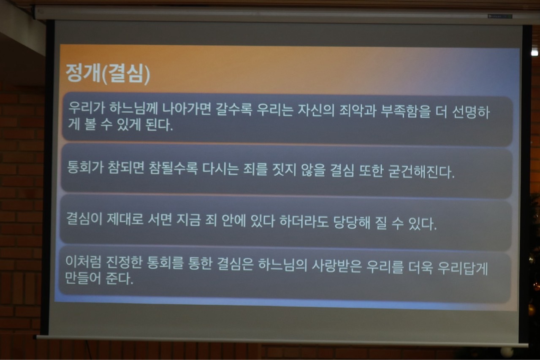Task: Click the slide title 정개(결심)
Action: pyautogui.click(x=108, y=74)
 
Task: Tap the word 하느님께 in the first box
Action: pyautogui.click(x=133, y=108)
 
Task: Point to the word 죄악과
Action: pyautogui.click(x=358, y=111)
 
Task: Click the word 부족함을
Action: pyautogui.click(x=405, y=112)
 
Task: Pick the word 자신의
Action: pyautogui.click(x=316, y=111)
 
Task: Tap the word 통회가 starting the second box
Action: pyautogui.click(x=85, y=167)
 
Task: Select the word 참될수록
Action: pyautogui.click(x=173, y=168)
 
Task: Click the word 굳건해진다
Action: pyautogui.click(x=421, y=172)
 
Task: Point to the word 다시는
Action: pyautogui.click(x=220, y=169)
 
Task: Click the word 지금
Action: pyautogui.click(x=188, y=220)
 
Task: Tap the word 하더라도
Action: pyautogui.click(x=304, y=222)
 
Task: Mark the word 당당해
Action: pyautogui.click(x=352, y=222)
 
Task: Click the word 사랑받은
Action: pyautogui.click(x=337, y=266)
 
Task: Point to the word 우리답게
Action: pyautogui.click(x=463, y=268)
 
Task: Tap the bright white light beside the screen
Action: pyautogui.click(x=535, y=52)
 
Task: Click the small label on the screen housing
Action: pyautogui.click(x=500, y=16)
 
